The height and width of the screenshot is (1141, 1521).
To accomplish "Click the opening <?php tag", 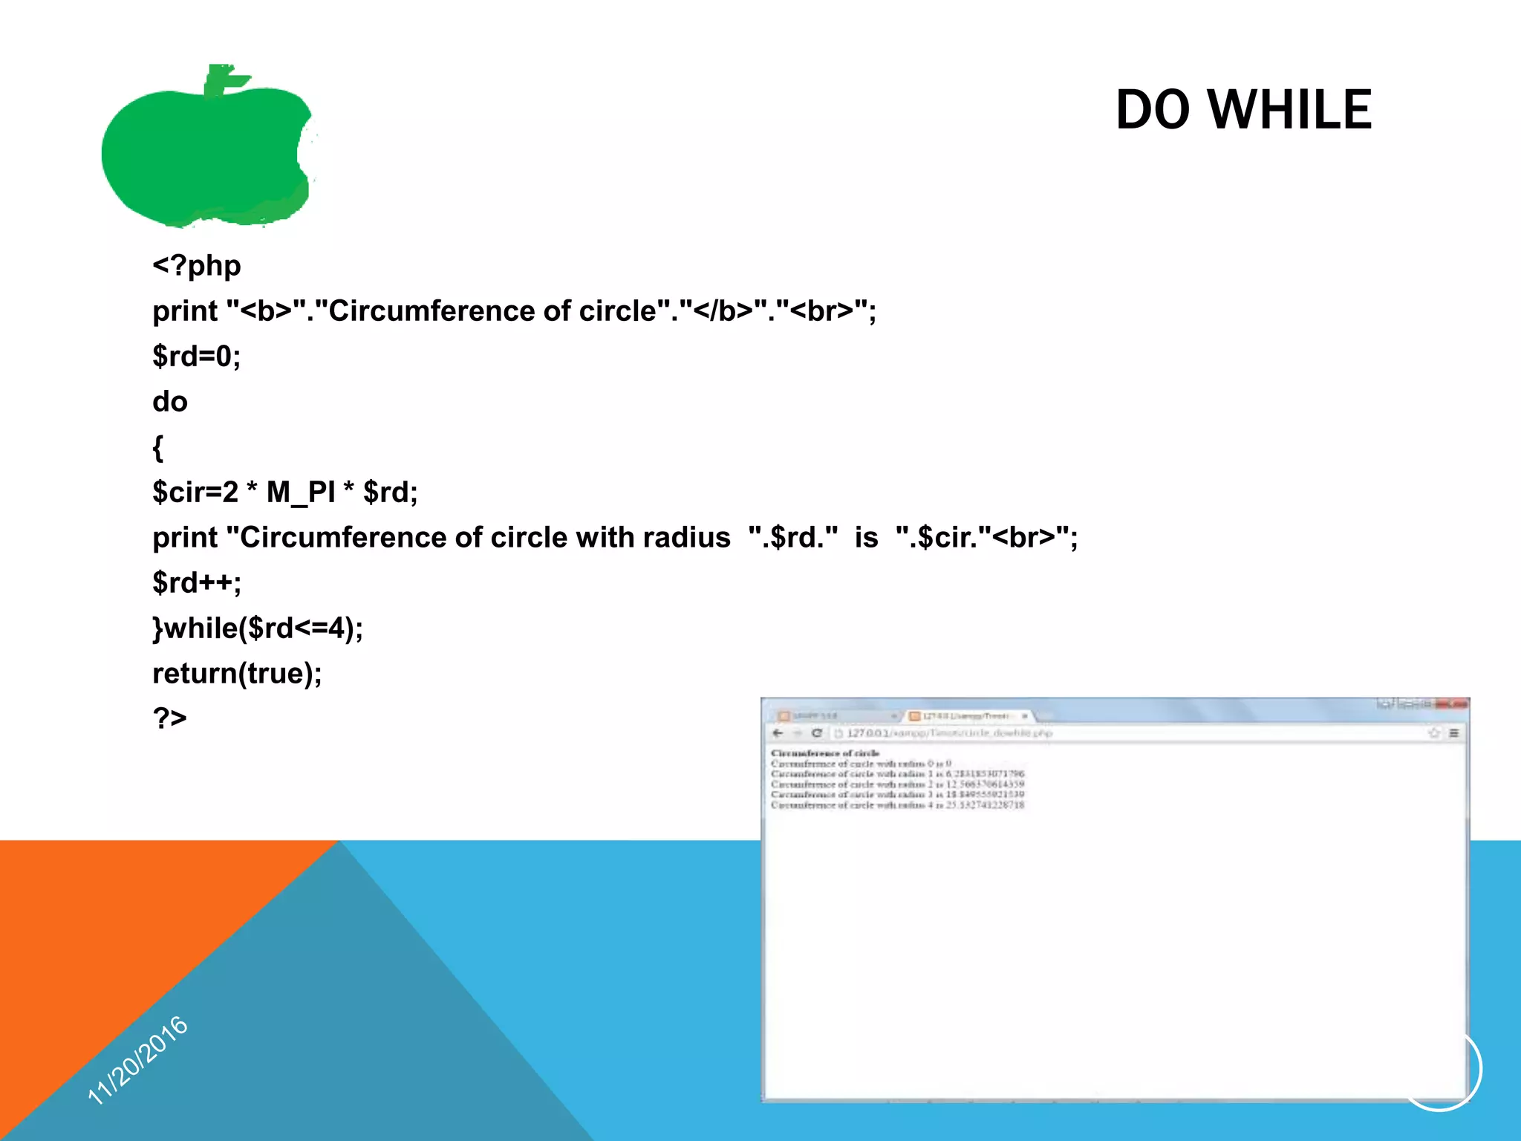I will (197, 265).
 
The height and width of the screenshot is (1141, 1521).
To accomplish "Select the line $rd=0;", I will (197, 356).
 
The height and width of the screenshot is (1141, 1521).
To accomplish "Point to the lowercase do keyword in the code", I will (170, 401).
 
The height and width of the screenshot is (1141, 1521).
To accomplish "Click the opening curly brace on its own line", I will (157, 447).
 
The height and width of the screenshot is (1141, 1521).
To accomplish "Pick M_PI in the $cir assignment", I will (300, 492).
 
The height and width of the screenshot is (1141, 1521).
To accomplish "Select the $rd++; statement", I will (197, 582).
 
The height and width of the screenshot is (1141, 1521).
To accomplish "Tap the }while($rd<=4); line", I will (258, 628).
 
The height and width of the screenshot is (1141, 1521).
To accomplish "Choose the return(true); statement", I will (237, 673).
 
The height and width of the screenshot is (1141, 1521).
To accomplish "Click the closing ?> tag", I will (170, 718).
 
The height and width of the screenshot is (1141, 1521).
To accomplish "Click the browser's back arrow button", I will (778, 733).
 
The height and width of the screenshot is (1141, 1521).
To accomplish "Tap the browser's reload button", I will (817, 733).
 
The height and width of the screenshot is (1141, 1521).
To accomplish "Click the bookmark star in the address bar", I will (1434, 733).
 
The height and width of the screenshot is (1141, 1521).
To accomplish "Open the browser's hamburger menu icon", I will (1454, 733).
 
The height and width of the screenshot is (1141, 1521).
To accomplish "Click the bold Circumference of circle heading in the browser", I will (824, 753).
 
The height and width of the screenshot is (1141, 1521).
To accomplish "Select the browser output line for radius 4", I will (897, 805).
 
